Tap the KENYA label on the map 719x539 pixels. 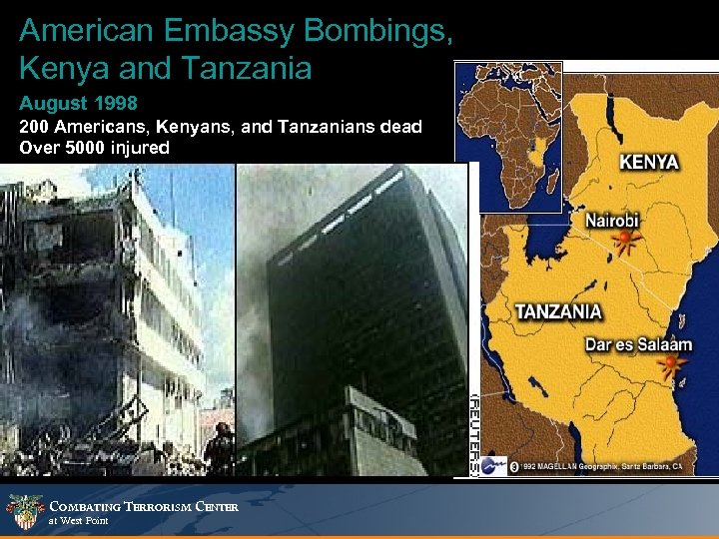click(x=649, y=162)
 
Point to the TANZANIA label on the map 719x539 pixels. click(x=558, y=310)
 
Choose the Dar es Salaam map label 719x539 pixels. click(x=638, y=344)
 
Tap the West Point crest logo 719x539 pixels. click(x=25, y=510)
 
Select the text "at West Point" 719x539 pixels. click(x=78, y=521)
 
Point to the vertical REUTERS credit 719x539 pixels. click(x=474, y=431)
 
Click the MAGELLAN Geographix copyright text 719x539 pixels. click(x=597, y=466)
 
